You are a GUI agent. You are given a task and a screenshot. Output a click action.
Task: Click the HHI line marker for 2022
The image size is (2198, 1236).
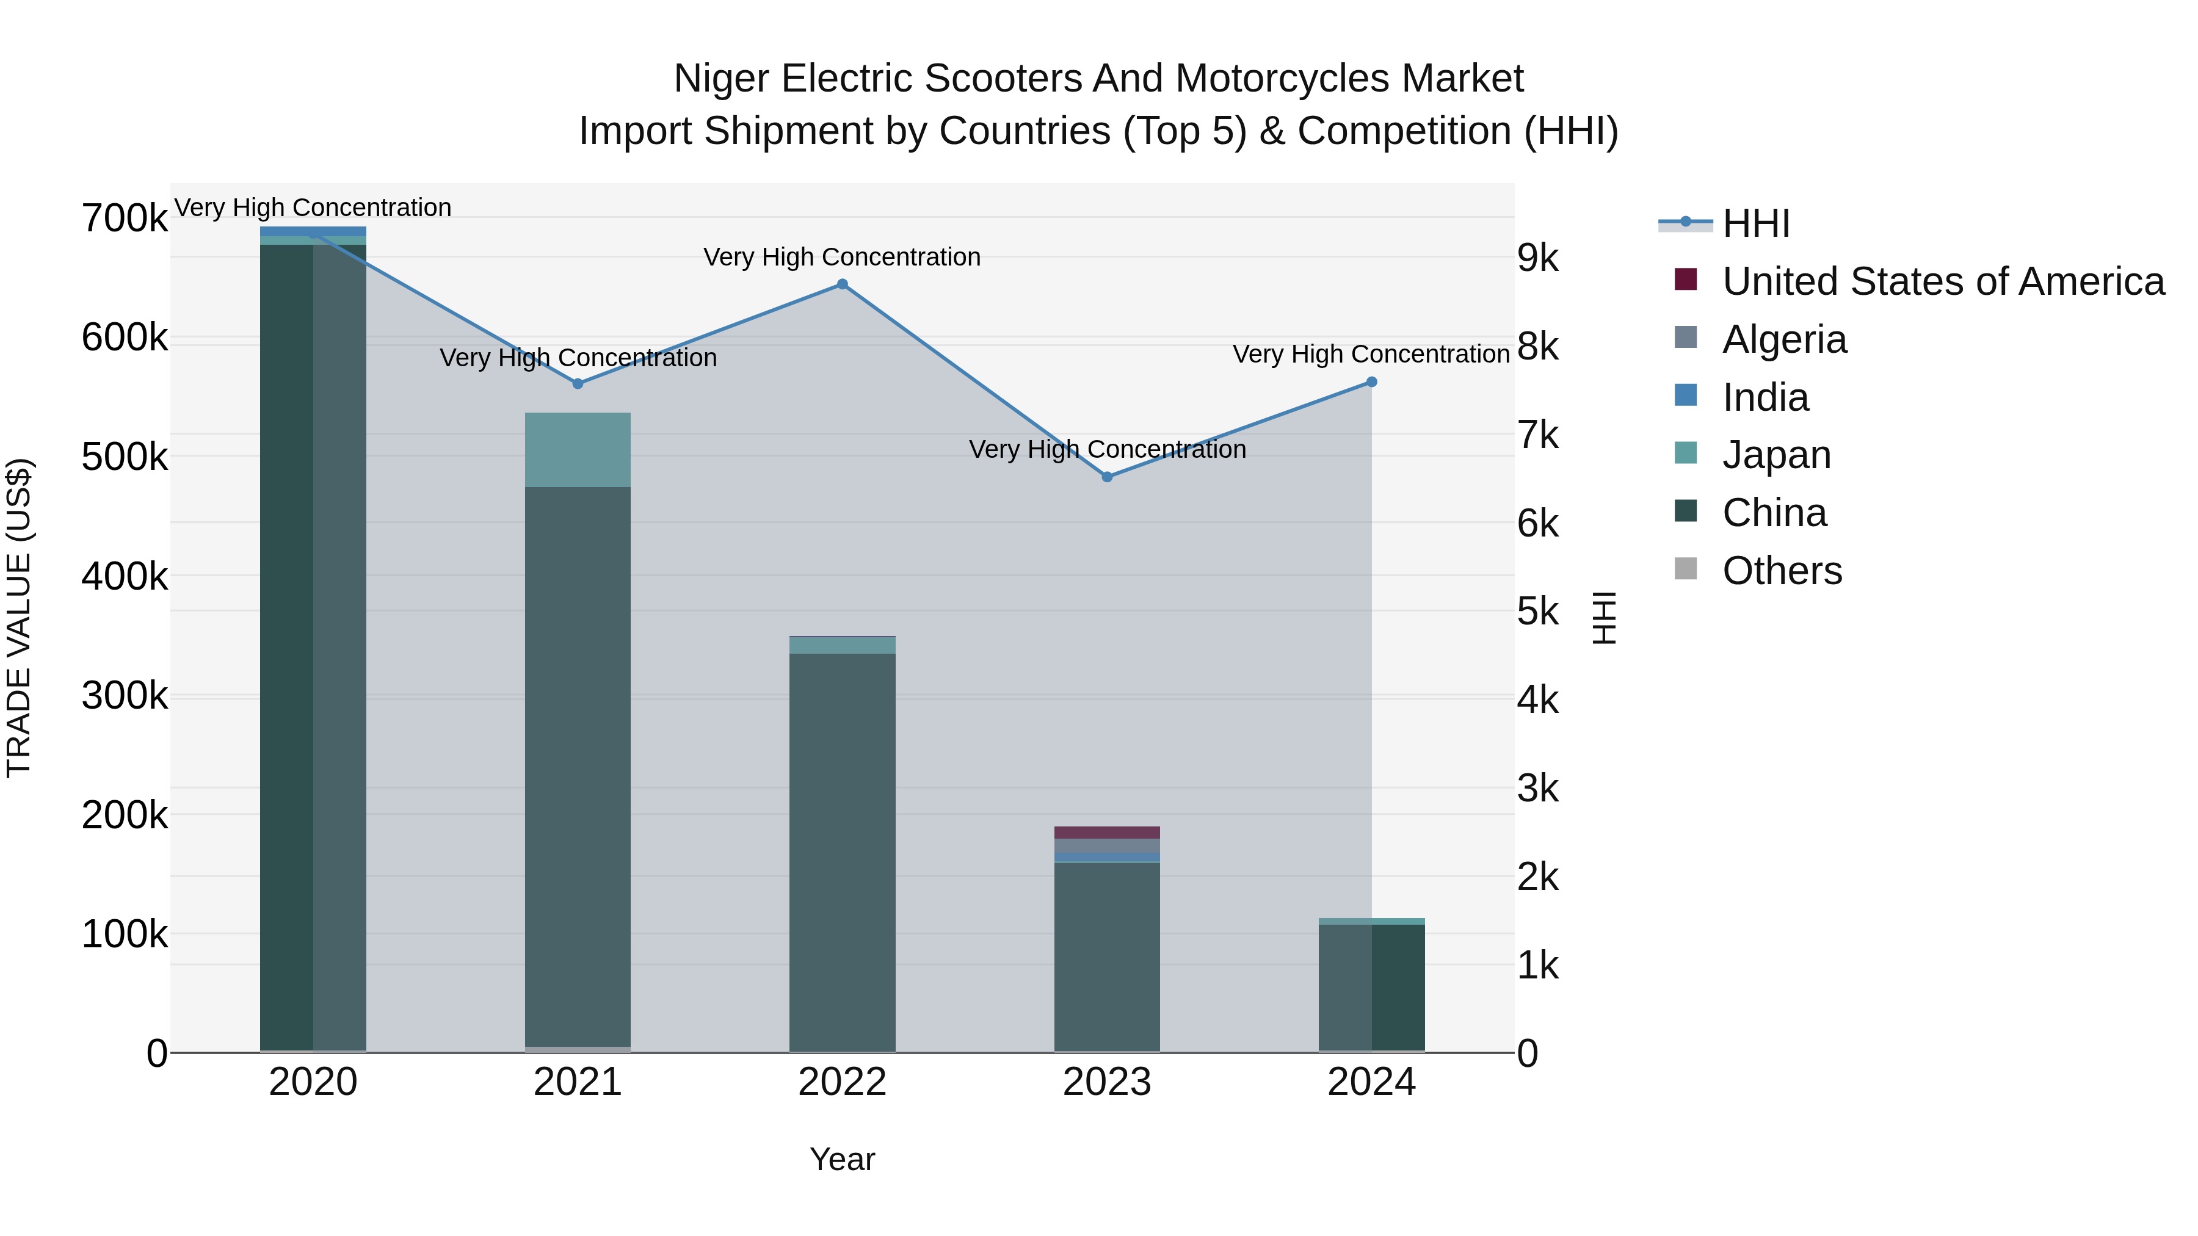coord(842,284)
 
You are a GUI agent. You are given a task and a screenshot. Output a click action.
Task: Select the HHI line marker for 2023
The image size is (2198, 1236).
coord(1107,477)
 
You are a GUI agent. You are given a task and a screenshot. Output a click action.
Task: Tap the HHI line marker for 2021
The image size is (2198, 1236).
coord(578,384)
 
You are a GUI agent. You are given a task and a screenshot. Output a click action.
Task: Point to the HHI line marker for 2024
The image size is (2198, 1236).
coord(1371,382)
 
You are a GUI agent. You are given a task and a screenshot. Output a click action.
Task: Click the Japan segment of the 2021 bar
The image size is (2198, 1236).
coord(578,449)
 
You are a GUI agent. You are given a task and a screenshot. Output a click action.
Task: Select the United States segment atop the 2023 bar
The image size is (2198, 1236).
coord(1107,833)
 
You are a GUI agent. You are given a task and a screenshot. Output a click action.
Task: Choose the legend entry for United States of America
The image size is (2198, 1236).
coord(1943,281)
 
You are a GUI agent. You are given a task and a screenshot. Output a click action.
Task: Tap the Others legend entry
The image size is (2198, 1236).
coord(1782,571)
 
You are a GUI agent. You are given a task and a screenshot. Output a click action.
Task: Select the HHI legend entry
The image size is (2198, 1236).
coord(1755,223)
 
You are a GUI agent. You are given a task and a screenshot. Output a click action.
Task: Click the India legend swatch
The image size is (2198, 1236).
coord(1685,396)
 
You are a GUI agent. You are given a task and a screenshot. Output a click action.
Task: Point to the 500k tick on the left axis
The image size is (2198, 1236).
coord(125,457)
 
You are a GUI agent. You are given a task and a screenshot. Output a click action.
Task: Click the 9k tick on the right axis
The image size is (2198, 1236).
coord(1537,258)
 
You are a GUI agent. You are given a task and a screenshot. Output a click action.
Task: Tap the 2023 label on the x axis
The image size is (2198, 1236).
coord(1107,1082)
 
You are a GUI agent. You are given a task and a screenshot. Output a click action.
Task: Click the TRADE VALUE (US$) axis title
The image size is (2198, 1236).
coord(19,618)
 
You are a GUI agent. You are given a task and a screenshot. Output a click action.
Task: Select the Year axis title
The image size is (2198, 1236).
coord(842,1159)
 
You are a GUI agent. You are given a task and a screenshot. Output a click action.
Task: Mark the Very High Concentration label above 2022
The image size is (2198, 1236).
coord(842,257)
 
